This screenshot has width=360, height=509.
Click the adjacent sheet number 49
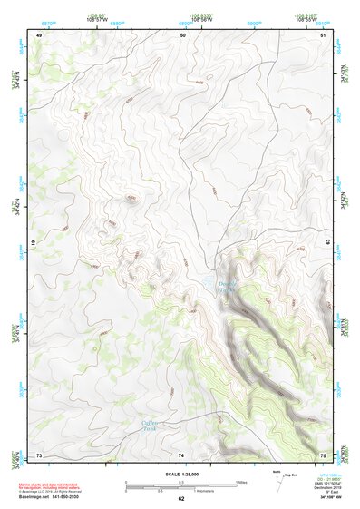[x=39, y=34]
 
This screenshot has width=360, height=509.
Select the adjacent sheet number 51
[x=324, y=34]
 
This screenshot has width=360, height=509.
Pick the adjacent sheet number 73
[x=39, y=454]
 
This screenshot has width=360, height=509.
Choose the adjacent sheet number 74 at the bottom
[x=182, y=454]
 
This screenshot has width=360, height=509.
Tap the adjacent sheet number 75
[x=324, y=454]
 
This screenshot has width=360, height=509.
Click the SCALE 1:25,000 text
[x=180, y=475]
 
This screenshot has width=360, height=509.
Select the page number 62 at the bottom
[x=180, y=499]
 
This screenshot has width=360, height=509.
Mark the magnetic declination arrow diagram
[x=277, y=482]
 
